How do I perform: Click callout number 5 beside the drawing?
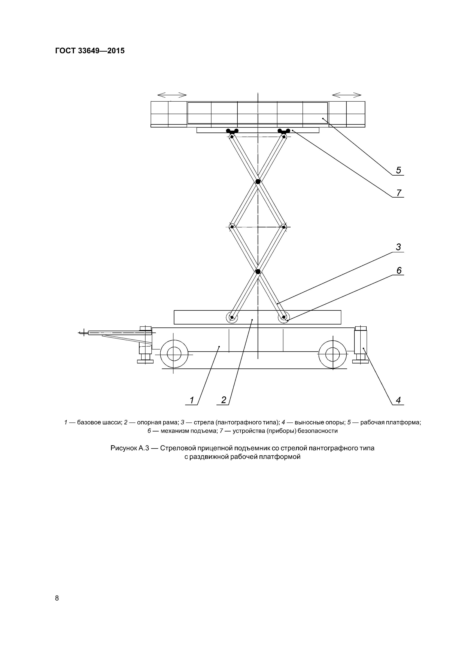tap(398, 170)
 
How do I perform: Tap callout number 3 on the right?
tap(398, 247)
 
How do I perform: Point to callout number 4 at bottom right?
tap(398, 400)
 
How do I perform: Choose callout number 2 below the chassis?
tap(224, 400)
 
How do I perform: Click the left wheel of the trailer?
tap(174, 354)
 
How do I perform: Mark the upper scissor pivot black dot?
tap(258, 182)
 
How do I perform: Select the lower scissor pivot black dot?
tap(258, 271)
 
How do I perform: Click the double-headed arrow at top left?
tap(172, 95)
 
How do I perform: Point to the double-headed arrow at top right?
tap(346, 95)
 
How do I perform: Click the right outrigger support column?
tap(360, 342)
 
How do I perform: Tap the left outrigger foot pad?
tap(145, 361)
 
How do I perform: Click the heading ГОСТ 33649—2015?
tap(90, 51)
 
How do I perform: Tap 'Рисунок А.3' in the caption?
tap(129, 448)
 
